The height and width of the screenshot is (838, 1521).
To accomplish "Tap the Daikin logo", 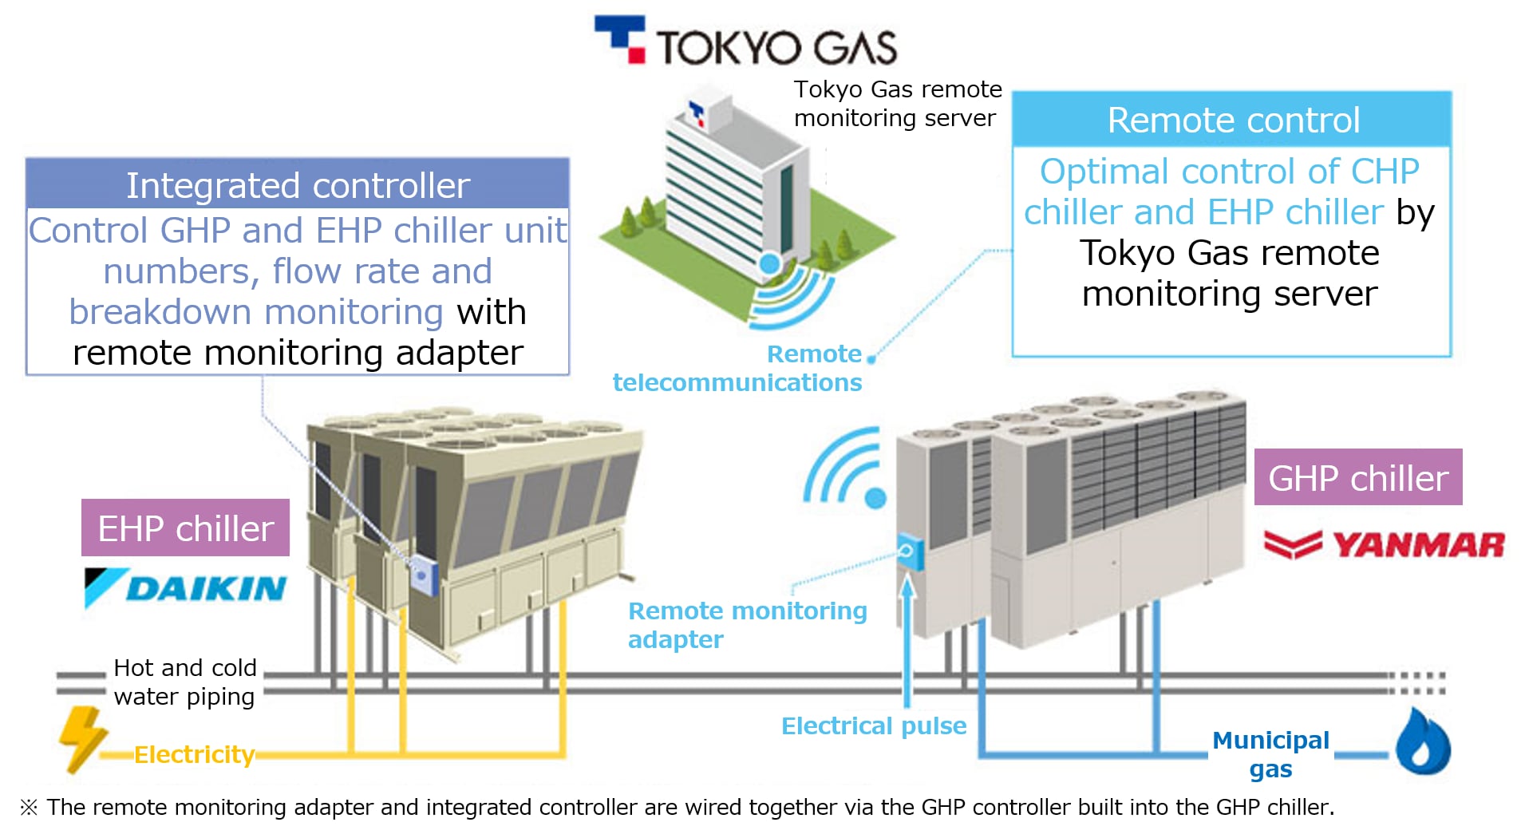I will (x=185, y=588).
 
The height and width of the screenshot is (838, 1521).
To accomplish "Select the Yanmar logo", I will (x=1384, y=545).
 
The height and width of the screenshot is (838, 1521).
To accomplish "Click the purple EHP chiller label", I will (x=185, y=528).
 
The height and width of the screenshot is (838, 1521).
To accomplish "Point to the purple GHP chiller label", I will (x=1357, y=477).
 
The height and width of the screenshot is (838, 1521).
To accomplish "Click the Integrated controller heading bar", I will (x=298, y=184).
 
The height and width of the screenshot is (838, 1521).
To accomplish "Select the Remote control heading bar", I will (x=1231, y=120).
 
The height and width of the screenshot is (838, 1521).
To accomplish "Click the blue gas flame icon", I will (x=1423, y=742).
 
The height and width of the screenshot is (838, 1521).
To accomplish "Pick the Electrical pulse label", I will (x=873, y=725).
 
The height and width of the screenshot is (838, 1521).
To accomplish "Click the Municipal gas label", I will (x=1270, y=753).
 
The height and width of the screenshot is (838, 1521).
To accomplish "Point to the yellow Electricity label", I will (x=194, y=754).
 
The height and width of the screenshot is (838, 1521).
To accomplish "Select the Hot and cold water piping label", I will (x=184, y=682).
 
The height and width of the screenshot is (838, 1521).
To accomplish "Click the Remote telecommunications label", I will (x=737, y=368).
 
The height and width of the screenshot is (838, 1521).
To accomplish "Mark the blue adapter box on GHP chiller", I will (x=908, y=551).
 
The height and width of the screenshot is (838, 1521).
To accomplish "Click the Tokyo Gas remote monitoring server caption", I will (x=896, y=103).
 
